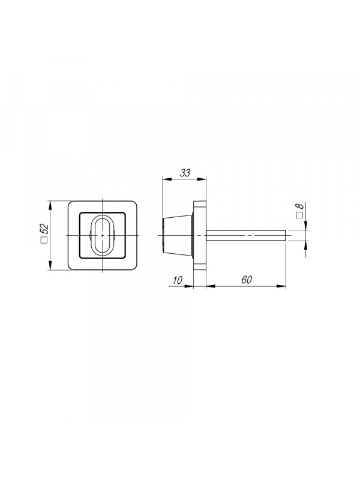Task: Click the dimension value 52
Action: tap(44, 229)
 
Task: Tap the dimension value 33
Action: tap(185, 173)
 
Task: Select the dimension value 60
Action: tap(247, 280)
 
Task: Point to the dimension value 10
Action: tap(178, 280)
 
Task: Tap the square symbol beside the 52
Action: tap(44, 240)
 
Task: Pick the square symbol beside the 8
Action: tap(300, 215)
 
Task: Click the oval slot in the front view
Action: tap(102, 235)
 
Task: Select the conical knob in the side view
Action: tap(178, 235)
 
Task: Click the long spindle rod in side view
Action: tap(246, 235)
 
